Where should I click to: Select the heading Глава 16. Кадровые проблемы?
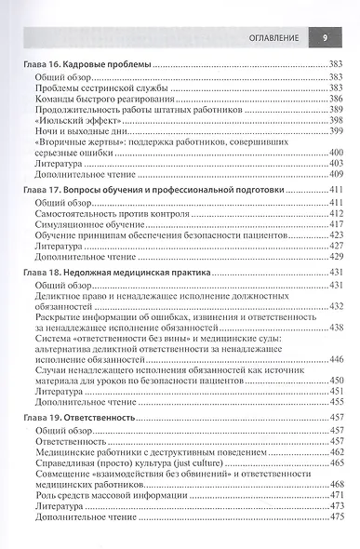84,63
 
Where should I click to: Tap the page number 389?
337,109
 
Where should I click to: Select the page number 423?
337,234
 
